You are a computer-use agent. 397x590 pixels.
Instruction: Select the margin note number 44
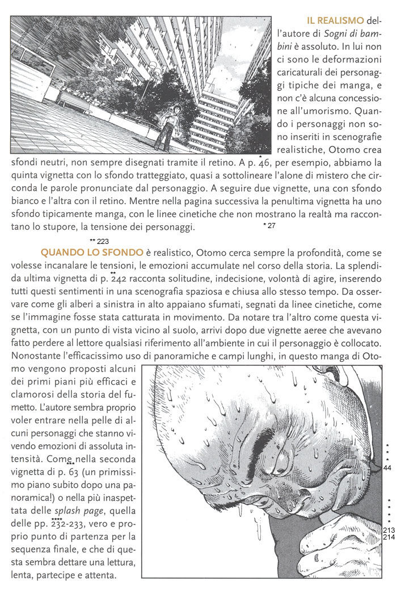click(388, 468)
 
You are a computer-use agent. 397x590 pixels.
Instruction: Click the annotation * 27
click(269, 226)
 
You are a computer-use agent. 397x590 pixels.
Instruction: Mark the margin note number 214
click(388, 537)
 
